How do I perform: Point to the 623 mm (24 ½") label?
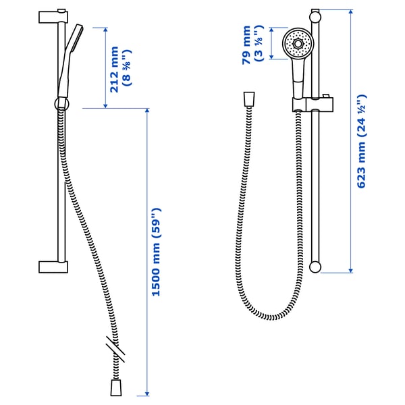362,141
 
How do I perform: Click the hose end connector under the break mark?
115,387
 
